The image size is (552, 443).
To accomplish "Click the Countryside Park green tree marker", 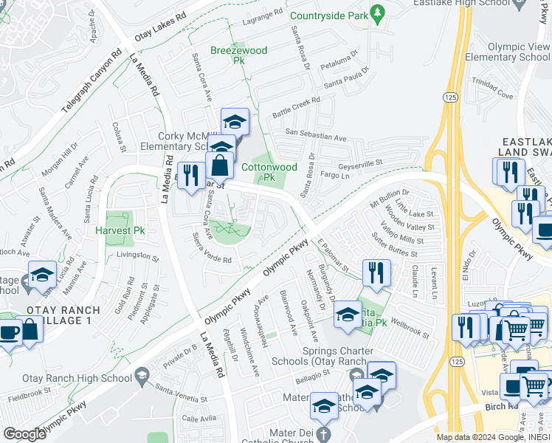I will [379, 13].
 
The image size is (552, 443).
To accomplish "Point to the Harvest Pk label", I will [114, 230].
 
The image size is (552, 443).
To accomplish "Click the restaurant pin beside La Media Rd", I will [191, 175].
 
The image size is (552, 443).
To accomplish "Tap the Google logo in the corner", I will [24, 433].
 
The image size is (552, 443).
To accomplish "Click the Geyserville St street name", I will [360, 165].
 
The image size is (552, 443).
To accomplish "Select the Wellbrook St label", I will [410, 329].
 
